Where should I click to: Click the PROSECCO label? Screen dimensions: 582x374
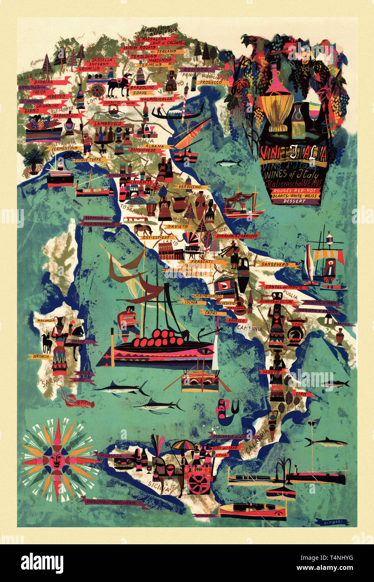[x=211, y=82]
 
